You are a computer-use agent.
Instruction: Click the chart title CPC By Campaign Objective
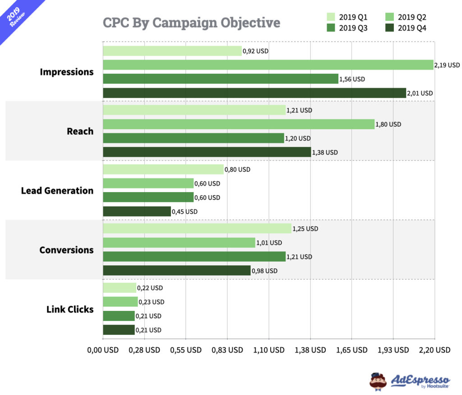click(x=191, y=23)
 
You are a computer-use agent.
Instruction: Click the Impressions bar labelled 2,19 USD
click(x=268, y=65)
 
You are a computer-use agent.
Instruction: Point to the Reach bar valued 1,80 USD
click(x=239, y=124)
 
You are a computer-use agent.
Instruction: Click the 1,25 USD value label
click(x=305, y=229)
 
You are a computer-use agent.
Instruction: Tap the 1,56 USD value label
click(x=352, y=79)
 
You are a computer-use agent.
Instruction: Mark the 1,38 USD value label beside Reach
click(x=325, y=153)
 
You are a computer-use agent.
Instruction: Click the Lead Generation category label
click(x=57, y=191)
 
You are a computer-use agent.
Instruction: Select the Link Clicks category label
click(x=70, y=310)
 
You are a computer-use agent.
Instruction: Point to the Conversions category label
click(x=66, y=250)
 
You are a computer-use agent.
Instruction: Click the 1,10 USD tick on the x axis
click(x=269, y=350)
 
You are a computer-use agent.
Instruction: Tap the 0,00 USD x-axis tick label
click(x=103, y=350)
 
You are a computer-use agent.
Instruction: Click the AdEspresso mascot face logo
click(x=378, y=380)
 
